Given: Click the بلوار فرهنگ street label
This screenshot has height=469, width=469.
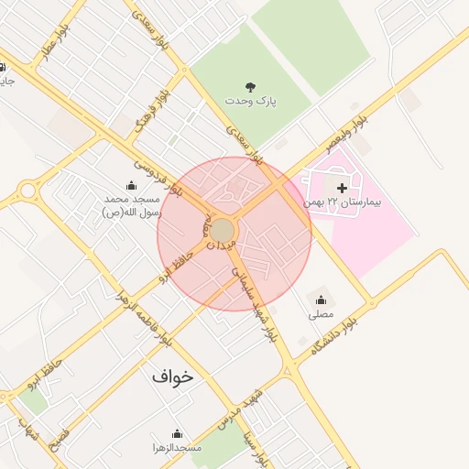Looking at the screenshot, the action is pos(152,111).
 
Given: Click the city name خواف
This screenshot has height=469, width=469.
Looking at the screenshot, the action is pos(174,376).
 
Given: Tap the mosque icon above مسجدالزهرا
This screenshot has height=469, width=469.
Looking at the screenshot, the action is pos(177,433).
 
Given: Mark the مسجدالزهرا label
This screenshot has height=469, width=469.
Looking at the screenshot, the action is pos(177,447).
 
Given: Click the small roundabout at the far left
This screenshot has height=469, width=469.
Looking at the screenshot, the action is pos(28,191).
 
